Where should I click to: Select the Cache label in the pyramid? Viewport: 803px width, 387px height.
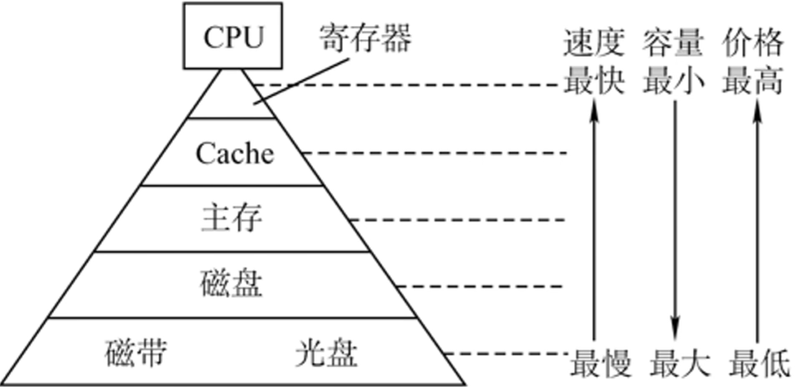[235, 153]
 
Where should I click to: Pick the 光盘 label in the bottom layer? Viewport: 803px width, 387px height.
[326, 354]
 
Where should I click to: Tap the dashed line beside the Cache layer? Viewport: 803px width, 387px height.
[434, 153]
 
